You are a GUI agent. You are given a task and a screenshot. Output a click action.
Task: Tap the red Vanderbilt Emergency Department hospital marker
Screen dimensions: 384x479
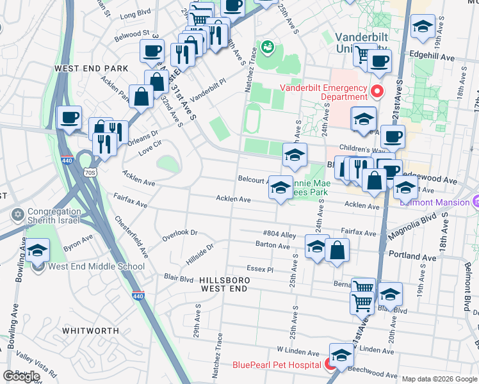point(377,92)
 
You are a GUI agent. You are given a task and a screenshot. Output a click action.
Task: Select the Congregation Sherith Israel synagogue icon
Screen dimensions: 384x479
point(17,213)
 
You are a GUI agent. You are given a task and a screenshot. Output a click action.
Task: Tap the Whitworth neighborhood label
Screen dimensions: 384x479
point(90,330)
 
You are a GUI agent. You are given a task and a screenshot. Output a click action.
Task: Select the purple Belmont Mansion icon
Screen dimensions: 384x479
point(475,201)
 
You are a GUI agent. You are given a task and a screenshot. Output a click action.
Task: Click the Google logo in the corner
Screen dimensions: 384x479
point(21,376)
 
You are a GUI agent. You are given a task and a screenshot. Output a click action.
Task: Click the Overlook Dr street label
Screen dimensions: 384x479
point(180,233)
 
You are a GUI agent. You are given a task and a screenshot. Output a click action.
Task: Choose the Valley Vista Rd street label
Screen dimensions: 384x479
point(37,366)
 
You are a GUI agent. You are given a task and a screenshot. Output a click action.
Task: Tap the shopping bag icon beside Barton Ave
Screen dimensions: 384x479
point(337,250)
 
